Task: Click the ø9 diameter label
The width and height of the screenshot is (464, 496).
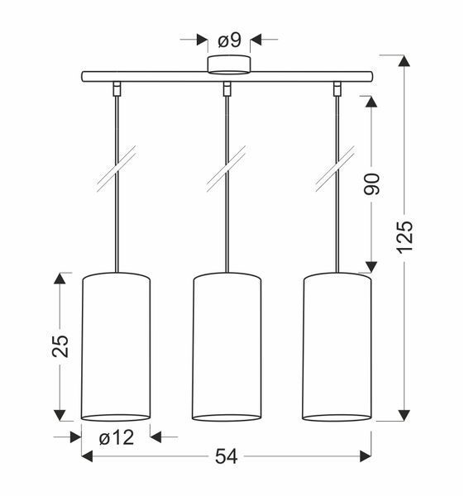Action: [x=229, y=41]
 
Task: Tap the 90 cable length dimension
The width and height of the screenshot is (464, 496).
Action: [x=371, y=184]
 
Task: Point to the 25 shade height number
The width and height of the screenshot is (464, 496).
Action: [x=60, y=346]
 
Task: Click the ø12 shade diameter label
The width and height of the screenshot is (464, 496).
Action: [x=117, y=438]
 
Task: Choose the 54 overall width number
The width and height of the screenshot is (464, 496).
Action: [x=226, y=457]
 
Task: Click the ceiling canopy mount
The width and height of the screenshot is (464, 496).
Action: [x=229, y=64]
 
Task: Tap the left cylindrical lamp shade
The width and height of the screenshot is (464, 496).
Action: [x=116, y=347]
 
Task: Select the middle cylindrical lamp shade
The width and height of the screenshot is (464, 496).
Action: [x=227, y=347]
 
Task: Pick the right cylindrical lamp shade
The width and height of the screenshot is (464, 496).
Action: [x=337, y=347]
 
